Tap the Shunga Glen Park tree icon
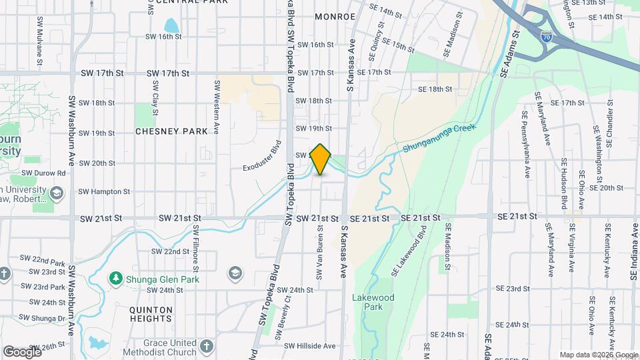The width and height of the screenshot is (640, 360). (117, 277)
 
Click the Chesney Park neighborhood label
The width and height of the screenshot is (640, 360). (172, 131)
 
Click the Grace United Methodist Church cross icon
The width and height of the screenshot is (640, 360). (207, 346)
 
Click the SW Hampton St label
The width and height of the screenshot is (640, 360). (104, 191)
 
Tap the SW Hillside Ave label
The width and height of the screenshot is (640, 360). (310, 346)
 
